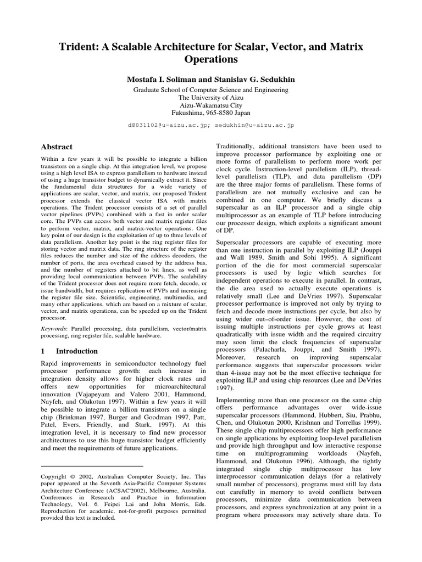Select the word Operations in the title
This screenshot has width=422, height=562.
coord(210,59)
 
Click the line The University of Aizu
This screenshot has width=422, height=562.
coord(210,97)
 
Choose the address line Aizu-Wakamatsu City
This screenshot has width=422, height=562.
coord(210,106)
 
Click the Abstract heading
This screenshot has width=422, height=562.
coord(57,147)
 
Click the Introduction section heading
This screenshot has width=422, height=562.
coord(76,351)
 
